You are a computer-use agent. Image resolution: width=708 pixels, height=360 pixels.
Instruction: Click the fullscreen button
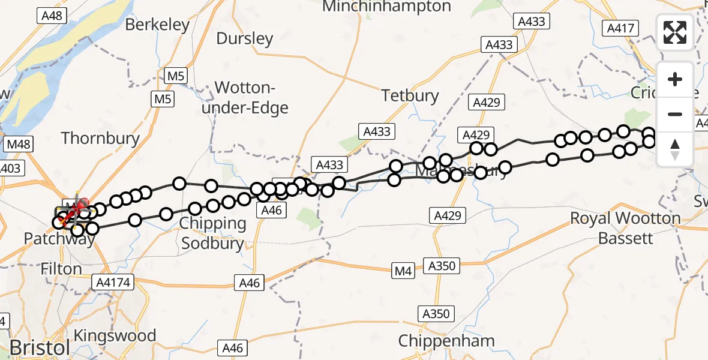click(x=675, y=32)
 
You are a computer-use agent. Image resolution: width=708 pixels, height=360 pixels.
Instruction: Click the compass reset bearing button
click(x=675, y=149)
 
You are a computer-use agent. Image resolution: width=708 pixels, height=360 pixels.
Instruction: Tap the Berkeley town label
click(x=158, y=25)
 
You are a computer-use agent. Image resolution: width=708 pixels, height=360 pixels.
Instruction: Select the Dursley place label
click(x=244, y=39)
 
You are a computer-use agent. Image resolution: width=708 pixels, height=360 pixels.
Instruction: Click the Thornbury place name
click(x=100, y=138)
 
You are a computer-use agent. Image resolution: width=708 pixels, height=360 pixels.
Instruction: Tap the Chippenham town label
click(x=447, y=341)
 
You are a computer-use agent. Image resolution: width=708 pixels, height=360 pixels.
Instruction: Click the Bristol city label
click(x=40, y=348)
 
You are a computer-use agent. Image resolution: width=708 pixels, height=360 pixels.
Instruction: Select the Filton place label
click(x=61, y=269)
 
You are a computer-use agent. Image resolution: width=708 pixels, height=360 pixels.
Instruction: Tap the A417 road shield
click(x=620, y=28)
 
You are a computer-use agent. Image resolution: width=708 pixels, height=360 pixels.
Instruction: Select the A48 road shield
click(x=52, y=16)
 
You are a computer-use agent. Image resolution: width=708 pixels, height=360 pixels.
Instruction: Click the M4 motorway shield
click(x=403, y=272)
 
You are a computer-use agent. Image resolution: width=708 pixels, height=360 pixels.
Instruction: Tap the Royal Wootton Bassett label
click(x=626, y=228)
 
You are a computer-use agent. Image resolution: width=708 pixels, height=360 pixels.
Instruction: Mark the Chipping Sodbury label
click(x=213, y=233)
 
